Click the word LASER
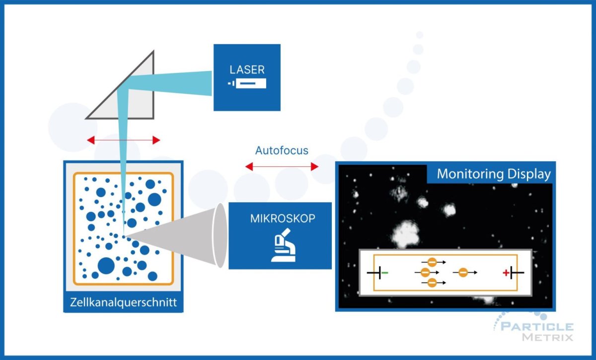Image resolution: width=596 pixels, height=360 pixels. tap(247, 70)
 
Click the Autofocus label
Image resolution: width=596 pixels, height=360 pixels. tap(282, 150)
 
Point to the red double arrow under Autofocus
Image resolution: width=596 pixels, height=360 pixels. tap(282, 167)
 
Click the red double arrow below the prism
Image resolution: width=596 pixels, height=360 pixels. tap(124, 141)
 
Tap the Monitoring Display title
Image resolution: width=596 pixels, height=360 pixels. tap(493, 174)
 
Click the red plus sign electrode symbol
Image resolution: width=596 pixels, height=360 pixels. tap(506, 272)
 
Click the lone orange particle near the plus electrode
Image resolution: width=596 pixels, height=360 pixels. tap(463, 272)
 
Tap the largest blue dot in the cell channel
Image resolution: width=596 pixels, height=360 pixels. tap(106, 265)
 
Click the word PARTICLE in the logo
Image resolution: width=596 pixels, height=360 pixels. tap(536, 327)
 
